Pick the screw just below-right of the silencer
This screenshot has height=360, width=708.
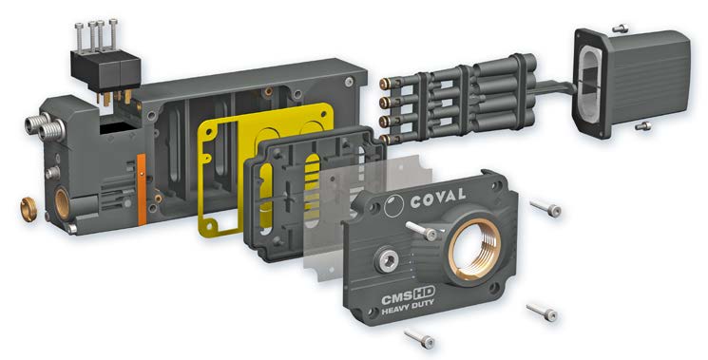pos(643,124)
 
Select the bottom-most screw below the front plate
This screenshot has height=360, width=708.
pos(419,336)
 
